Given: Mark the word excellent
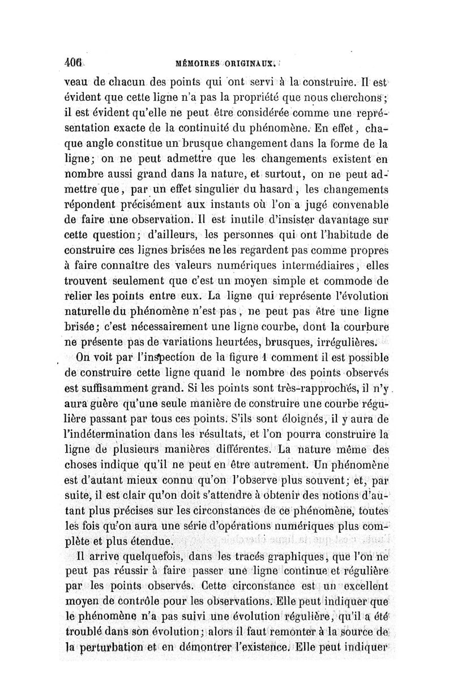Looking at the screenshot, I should tap(361, 586).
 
